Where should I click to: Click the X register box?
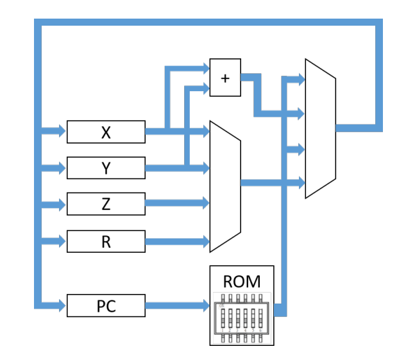point(106,132)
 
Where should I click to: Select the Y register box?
point(106,168)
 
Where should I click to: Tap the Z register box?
point(106,204)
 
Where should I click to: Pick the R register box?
point(106,241)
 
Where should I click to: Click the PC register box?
point(106,306)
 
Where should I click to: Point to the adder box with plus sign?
point(225,78)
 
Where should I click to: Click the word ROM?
point(241,281)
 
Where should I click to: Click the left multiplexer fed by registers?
point(225,186)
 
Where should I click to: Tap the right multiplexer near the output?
point(320,128)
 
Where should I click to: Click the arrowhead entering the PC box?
point(62,306)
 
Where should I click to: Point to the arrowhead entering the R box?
point(62,241)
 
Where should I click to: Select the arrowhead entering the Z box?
point(62,205)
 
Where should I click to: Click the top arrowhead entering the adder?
point(205,67)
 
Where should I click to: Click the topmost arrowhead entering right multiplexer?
point(300,79)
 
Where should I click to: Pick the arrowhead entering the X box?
point(62,132)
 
